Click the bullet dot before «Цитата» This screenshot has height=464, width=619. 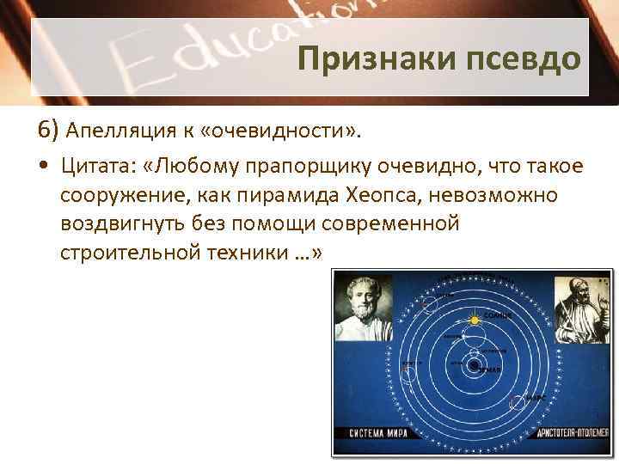coord(43,166)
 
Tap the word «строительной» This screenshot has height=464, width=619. coord(123,253)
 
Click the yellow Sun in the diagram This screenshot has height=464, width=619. coord(472,321)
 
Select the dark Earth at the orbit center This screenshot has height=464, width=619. coord(473,365)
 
